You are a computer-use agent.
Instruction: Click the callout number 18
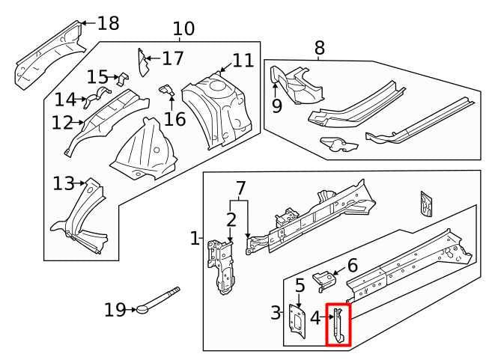pyautogui.click(x=108, y=23)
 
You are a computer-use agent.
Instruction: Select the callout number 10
pyautogui.click(x=183, y=29)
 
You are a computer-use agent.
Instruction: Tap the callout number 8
pyautogui.click(x=320, y=49)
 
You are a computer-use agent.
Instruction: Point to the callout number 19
pyautogui.click(x=115, y=309)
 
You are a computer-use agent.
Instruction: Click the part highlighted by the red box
pyautogui.click(x=338, y=325)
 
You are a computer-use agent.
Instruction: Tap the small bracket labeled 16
pyautogui.click(x=168, y=92)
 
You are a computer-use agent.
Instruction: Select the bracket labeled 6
pyautogui.click(x=325, y=278)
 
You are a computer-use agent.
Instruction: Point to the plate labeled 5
pyautogui.click(x=297, y=324)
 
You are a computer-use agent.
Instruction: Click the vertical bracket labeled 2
pyautogui.click(x=224, y=266)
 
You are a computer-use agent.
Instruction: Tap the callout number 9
pyautogui.click(x=276, y=106)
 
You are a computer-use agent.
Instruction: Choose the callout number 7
pyautogui.click(x=240, y=187)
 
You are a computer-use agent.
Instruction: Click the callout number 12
pyautogui.click(x=63, y=122)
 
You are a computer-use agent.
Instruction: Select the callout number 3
pyautogui.click(x=276, y=314)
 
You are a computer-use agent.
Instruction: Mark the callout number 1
pyautogui.click(x=194, y=239)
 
